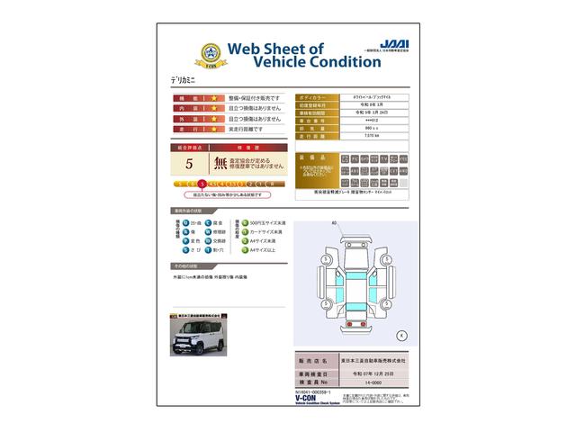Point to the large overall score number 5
point(189,165)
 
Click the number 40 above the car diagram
point(333,222)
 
